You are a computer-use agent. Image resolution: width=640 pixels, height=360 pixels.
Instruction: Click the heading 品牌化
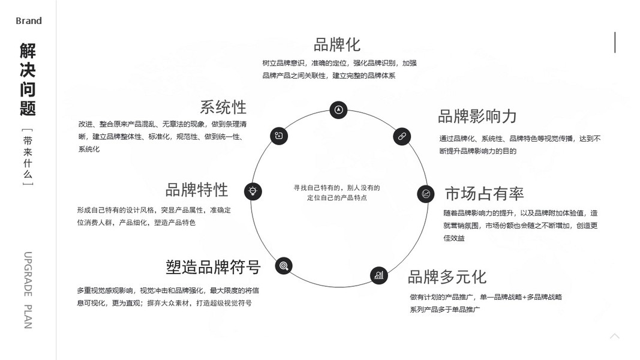tap(336, 45)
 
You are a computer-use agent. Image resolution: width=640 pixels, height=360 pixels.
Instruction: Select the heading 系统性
tap(223, 107)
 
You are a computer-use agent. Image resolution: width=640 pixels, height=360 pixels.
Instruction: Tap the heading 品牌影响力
tap(477, 116)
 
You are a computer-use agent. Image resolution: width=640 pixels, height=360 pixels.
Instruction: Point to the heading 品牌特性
tap(197, 190)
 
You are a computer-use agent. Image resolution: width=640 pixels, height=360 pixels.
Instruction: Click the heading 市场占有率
tap(484, 194)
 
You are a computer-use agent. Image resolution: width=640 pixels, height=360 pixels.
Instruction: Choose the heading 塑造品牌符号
tap(213, 267)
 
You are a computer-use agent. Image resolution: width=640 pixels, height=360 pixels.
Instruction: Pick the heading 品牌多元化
tap(447, 277)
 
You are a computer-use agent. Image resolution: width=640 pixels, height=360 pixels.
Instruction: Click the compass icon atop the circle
tap(338, 110)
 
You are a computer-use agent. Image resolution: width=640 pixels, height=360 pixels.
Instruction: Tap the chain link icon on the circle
tap(402, 136)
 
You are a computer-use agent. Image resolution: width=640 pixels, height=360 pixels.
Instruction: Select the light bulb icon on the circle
tap(253, 191)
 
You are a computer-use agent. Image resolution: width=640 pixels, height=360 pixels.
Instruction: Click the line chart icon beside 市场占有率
tap(426, 194)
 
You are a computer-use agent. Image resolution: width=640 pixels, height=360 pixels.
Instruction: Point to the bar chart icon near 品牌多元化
tap(378, 275)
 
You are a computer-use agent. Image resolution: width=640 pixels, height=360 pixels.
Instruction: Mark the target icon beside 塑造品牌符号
tap(284, 265)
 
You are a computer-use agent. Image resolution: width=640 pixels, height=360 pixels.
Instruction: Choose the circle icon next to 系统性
tap(279, 136)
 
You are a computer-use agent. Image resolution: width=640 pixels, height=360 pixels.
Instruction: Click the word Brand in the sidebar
tap(29, 21)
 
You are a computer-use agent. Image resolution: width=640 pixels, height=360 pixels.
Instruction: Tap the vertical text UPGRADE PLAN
tap(28, 290)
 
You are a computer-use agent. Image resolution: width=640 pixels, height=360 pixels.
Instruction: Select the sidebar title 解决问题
tap(28, 79)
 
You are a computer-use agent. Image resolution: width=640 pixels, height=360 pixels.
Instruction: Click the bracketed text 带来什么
tap(28, 157)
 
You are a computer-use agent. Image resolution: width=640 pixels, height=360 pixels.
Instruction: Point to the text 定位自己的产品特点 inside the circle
tap(336, 197)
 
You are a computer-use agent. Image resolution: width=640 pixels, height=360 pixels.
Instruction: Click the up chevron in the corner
tap(614, 336)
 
